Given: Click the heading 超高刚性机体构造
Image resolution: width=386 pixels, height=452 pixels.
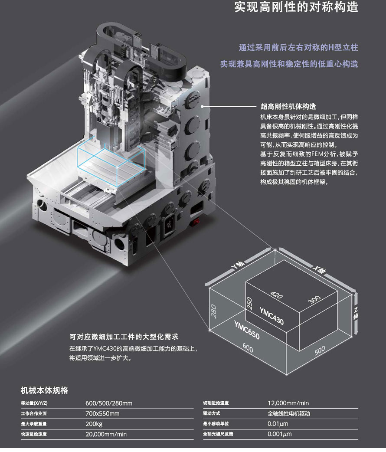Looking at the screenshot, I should tap(288, 107).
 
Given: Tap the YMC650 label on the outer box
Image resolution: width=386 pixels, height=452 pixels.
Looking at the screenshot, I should tap(247, 331).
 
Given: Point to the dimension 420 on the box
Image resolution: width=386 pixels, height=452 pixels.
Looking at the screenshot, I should tap(276, 296).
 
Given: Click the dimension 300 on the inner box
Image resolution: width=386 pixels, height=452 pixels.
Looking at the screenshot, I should tap(314, 298).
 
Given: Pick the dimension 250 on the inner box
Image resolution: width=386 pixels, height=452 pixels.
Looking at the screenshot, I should tap(249, 303).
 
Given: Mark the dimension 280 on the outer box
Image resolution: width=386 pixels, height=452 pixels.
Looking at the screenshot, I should tap(213, 311).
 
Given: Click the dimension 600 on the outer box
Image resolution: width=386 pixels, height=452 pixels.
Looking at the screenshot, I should tap(248, 347).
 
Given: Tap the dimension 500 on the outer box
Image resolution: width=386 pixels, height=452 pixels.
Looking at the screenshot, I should tap(320, 350).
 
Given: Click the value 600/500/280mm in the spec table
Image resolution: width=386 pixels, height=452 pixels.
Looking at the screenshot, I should tap(109, 403).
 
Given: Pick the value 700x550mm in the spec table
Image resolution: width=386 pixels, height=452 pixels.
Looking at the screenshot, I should tap(102, 413).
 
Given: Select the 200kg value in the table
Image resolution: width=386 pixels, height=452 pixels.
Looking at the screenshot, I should tap(94, 424).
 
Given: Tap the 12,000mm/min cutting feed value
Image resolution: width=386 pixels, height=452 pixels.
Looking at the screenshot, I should tap(288, 403).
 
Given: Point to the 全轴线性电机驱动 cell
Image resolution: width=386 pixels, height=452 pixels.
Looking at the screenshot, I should tap(289, 413).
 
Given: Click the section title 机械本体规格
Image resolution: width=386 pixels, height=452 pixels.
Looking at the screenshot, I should tap(45, 390).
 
